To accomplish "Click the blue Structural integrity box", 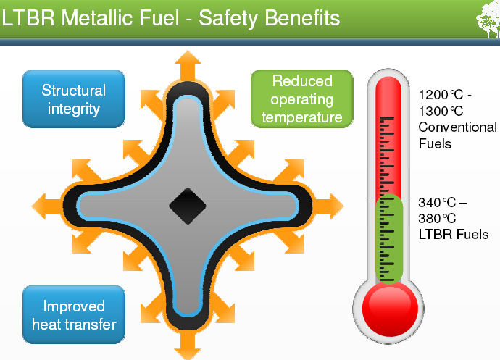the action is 74,100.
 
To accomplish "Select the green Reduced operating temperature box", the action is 301,99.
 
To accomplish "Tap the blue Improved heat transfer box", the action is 74,315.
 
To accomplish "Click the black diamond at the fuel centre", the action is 188,206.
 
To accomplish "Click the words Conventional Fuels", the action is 457,135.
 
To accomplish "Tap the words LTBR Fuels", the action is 453,234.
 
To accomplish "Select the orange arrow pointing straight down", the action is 187,348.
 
